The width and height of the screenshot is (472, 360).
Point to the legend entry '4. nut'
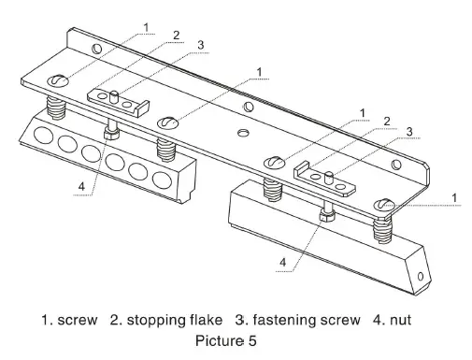pos(392,322)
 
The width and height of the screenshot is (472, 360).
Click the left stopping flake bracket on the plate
pos(112,98)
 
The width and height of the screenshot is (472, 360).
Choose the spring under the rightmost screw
pos(382,226)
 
